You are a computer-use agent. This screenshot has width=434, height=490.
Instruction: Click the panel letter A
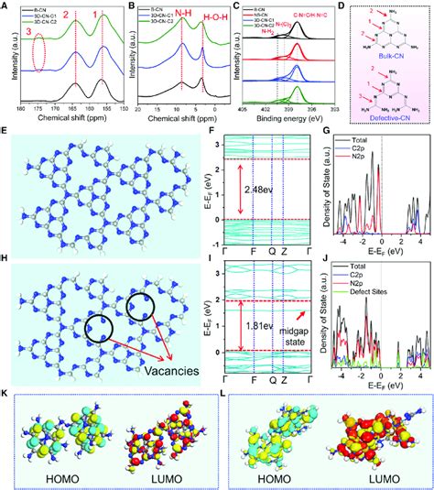point(7,7)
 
